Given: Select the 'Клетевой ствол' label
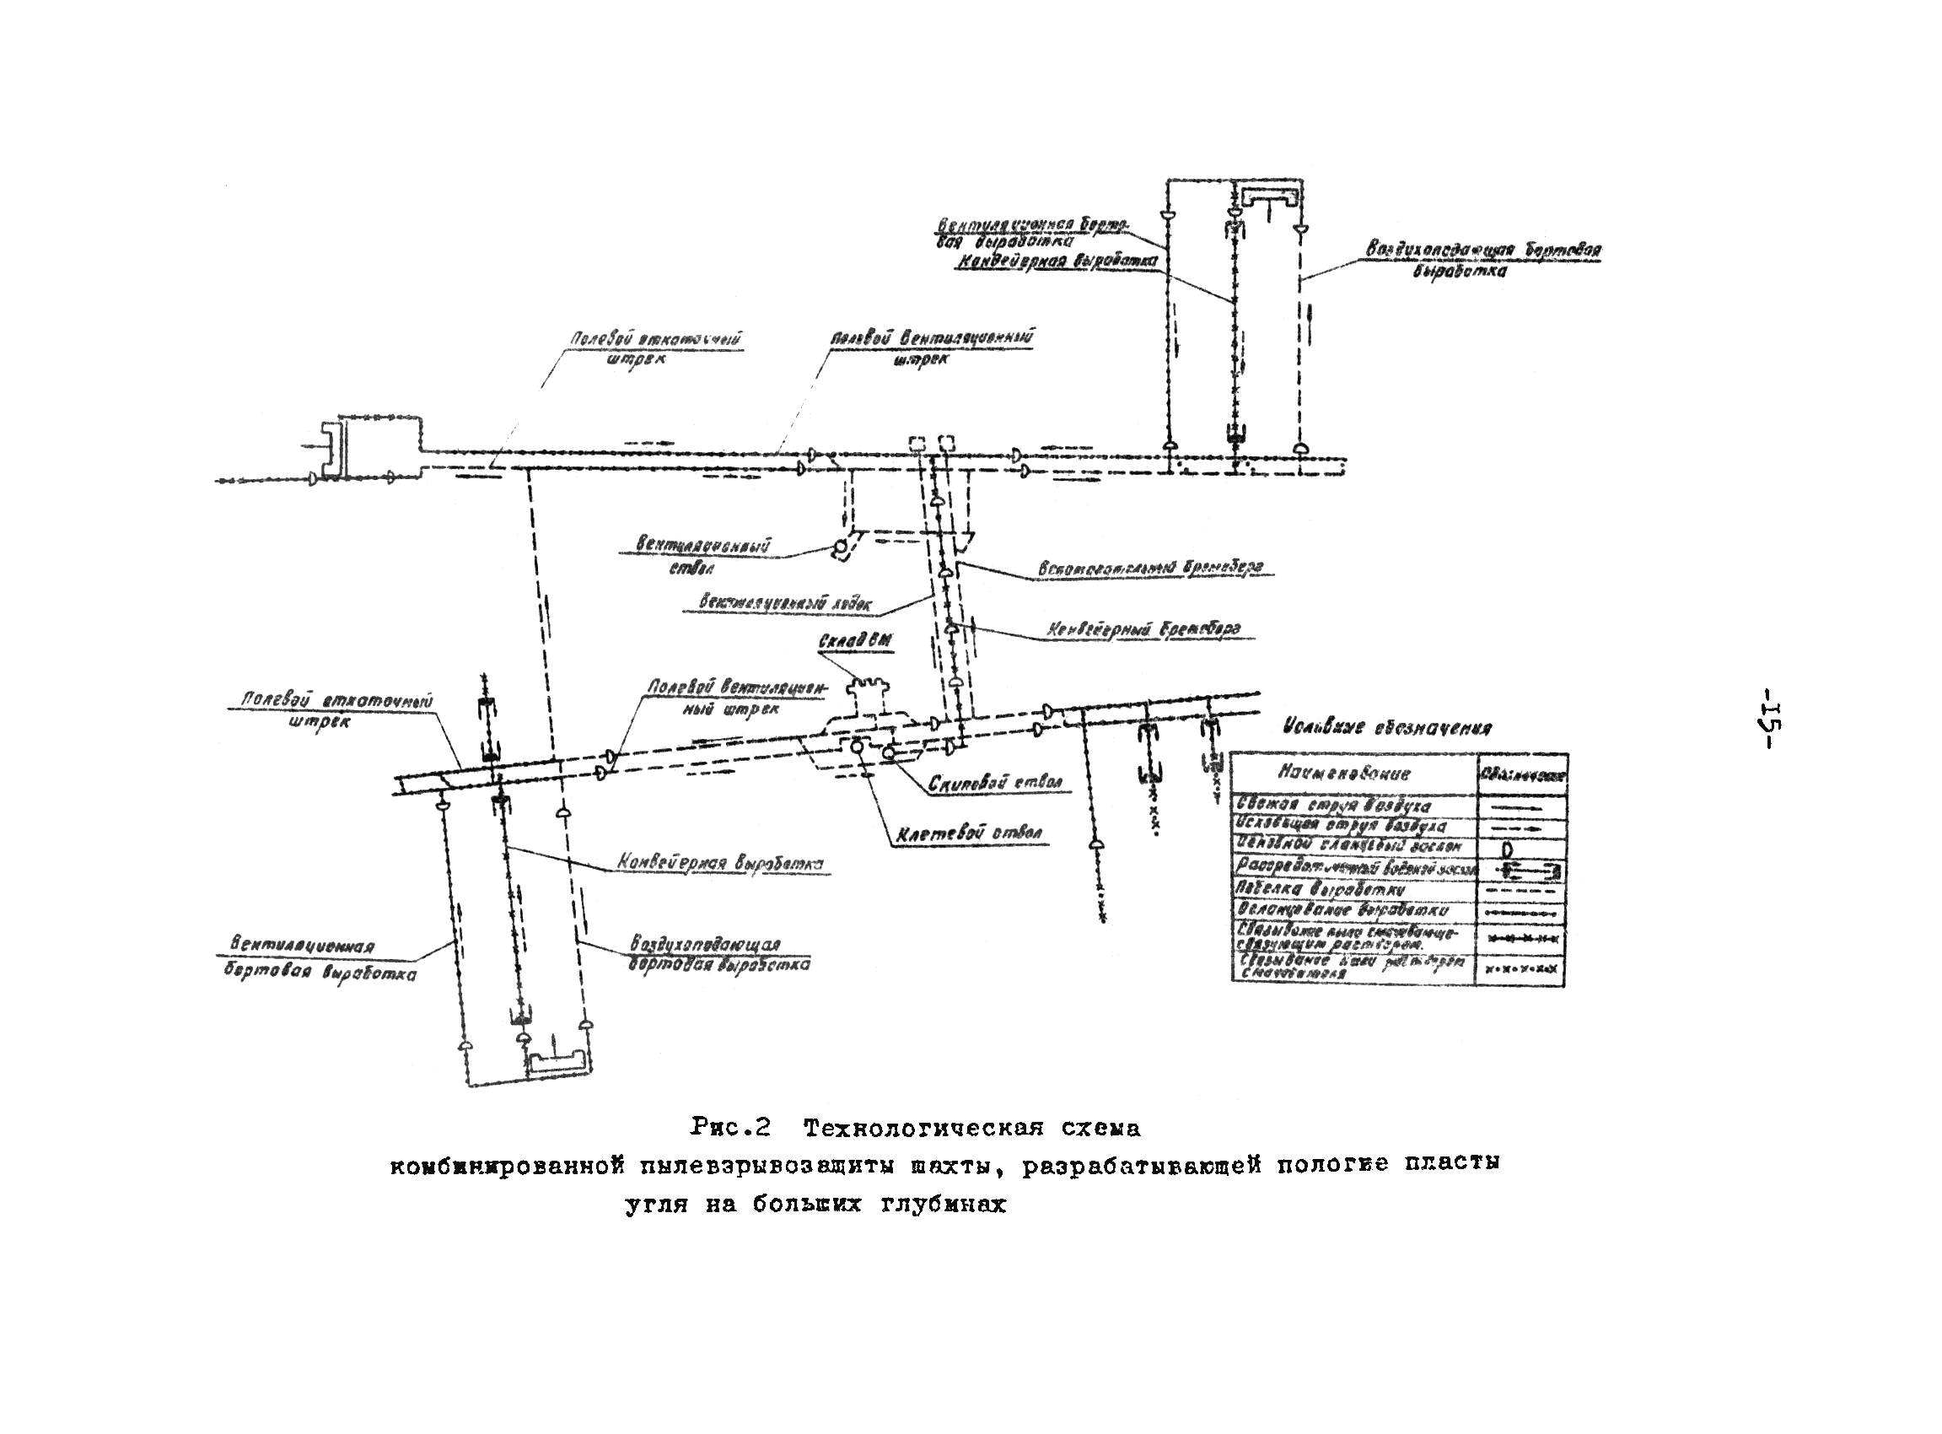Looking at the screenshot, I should tap(969, 834).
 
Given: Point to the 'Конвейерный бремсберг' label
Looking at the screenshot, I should tap(1143, 628).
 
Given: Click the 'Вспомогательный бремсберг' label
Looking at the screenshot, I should tap(1149, 568).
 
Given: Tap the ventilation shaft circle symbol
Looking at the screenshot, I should tap(839, 549).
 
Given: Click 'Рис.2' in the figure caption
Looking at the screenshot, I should tap(730, 1128).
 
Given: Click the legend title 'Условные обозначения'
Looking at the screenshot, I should tap(1386, 728).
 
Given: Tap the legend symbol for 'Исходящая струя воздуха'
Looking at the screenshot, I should tap(1520, 828).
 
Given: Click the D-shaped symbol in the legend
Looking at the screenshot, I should tap(1507, 849).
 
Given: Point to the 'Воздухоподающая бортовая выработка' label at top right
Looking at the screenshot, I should tap(1483, 260).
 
